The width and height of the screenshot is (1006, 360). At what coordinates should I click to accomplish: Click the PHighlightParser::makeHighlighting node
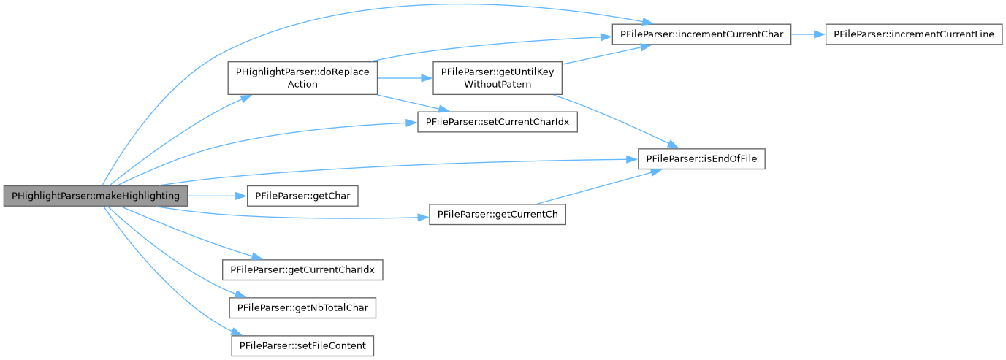pos(96,196)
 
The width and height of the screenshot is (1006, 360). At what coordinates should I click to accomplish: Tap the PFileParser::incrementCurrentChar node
pos(701,34)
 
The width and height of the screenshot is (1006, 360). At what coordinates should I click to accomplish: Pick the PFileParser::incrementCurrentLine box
pos(913,34)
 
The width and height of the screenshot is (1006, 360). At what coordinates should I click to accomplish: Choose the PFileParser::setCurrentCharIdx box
pos(497,121)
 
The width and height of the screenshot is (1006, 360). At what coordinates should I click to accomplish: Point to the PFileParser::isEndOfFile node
pos(701,158)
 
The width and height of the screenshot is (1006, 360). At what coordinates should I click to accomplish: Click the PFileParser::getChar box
pos(302,196)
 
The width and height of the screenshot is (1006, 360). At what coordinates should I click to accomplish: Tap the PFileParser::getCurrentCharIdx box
pos(302,269)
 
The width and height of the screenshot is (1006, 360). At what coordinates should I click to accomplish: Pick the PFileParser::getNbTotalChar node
pos(302,307)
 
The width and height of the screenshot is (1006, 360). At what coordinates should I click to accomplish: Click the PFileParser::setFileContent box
pos(302,345)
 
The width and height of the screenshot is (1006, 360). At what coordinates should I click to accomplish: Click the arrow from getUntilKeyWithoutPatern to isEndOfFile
pos(606,121)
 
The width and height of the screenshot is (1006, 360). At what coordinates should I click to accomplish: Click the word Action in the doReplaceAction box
pos(302,84)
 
